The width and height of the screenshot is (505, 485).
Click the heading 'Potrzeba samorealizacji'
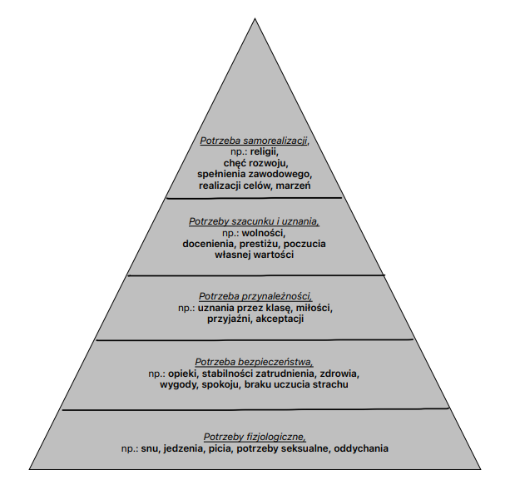point(255,141)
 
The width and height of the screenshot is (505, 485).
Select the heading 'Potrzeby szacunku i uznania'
point(254,221)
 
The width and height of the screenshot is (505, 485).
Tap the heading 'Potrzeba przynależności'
point(255,296)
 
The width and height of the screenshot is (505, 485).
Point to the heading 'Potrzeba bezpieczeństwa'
point(254,362)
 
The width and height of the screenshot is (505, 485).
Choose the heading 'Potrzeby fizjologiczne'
point(255,437)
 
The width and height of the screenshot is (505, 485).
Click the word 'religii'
point(264,151)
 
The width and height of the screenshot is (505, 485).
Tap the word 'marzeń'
point(293,186)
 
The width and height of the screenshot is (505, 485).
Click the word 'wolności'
point(264,232)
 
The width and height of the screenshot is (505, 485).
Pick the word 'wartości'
point(274,255)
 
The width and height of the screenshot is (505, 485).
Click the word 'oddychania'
point(361,448)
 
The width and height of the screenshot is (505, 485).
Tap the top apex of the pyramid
point(255,18)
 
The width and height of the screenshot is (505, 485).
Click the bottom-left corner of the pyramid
point(30,469)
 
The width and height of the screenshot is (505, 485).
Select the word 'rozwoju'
point(271,163)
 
